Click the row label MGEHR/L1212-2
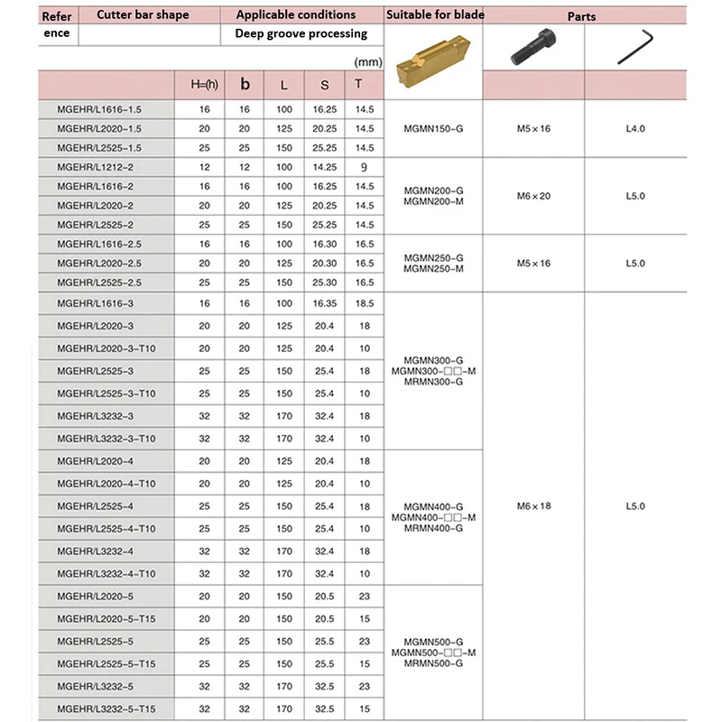coord(95,167)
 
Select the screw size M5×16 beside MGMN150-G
coord(533,128)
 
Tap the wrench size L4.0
coord(635,128)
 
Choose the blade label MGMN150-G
coord(434,128)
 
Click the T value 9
coord(364,167)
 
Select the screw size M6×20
coord(533,196)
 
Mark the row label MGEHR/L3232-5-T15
coord(106,708)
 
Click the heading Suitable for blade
coord(434,15)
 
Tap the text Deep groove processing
coord(301,33)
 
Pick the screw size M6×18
coord(533,506)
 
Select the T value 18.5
coord(364,305)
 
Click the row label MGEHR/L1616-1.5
coord(99,108)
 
